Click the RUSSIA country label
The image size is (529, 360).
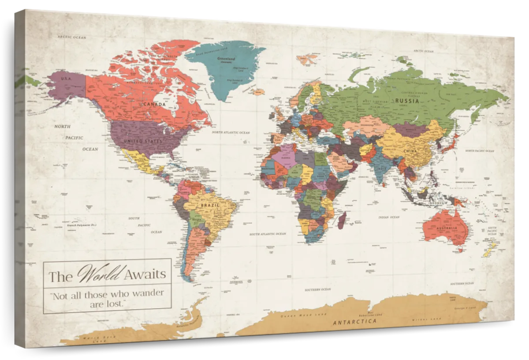point(407,101)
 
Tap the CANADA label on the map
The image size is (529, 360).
point(155,105)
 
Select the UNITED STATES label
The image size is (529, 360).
point(143,141)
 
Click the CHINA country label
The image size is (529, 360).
point(410,151)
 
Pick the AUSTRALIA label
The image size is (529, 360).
point(446,229)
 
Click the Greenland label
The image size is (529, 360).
point(226,59)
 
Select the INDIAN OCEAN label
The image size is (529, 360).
point(389,217)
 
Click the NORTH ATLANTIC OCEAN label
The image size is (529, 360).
point(231,132)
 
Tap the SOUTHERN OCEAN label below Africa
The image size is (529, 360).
point(318,289)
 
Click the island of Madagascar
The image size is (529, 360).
point(342,220)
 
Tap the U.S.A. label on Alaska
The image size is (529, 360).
point(66,79)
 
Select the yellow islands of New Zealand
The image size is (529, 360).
point(490,249)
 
